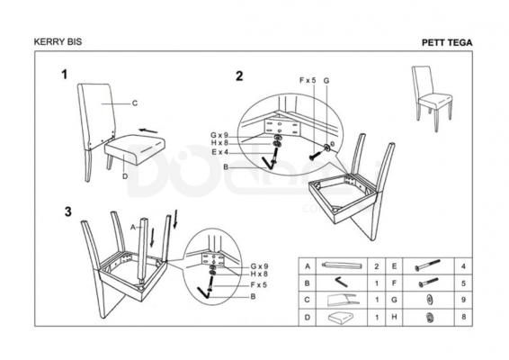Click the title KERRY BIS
point(58,42)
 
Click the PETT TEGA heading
point(447,42)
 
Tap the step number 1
point(65,75)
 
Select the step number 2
point(239,76)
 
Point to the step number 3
point(67,211)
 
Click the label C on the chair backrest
point(135,103)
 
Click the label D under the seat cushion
point(125,176)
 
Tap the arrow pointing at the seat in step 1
point(148,130)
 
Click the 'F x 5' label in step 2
point(307,80)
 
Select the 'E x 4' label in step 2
point(220,152)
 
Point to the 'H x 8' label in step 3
point(259,274)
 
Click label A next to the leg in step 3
point(133,228)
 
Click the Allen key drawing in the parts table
point(342,282)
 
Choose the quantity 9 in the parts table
point(463,300)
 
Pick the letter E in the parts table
point(394,266)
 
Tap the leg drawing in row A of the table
point(342,265)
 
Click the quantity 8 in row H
point(463,317)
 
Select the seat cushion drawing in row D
point(341,317)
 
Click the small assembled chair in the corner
point(432,97)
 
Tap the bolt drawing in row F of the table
point(428,283)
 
